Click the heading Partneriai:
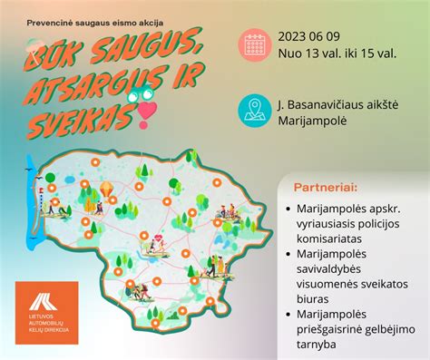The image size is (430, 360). tap(325, 187)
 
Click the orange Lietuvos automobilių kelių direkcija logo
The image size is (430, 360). tap(47, 312)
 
